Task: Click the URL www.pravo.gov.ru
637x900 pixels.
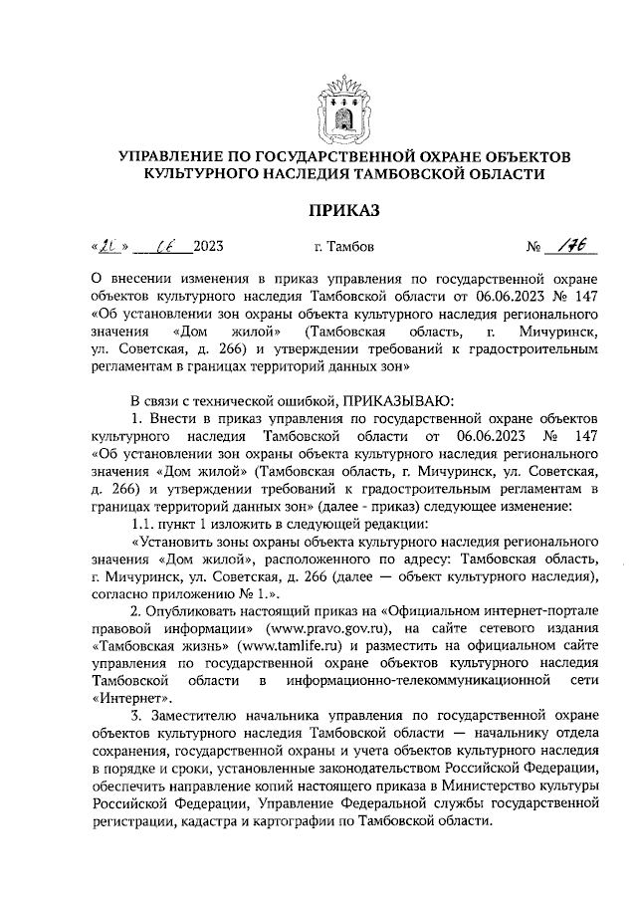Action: pyautogui.click(x=338, y=629)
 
